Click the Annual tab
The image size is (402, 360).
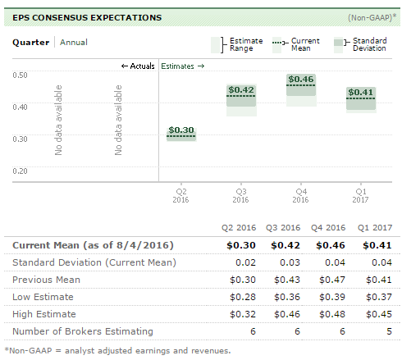click(74, 43)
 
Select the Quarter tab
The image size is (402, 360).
click(31, 43)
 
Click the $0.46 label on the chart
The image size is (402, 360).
click(301, 80)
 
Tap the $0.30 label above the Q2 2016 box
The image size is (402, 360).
click(181, 130)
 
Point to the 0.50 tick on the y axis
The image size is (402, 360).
click(20, 75)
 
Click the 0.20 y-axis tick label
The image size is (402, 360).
click(20, 171)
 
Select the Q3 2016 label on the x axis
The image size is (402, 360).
click(240, 195)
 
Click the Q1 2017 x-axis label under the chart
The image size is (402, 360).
click(360, 195)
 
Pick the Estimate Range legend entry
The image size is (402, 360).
click(237, 44)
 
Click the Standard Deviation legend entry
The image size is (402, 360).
click(360, 44)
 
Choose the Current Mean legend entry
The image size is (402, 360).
click(296, 44)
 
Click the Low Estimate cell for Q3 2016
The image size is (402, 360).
click(287, 297)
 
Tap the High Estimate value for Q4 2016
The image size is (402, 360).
click(332, 314)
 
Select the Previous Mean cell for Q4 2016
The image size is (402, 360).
click(332, 280)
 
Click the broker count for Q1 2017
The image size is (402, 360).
click(389, 331)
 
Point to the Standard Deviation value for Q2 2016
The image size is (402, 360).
click(245, 262)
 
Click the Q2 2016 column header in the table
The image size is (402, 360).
click(239, 228)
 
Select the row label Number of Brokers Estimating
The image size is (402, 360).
click(83, 331)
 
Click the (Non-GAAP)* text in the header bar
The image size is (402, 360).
click(372, 18)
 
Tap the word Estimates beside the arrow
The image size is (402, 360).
click(177, 66)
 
